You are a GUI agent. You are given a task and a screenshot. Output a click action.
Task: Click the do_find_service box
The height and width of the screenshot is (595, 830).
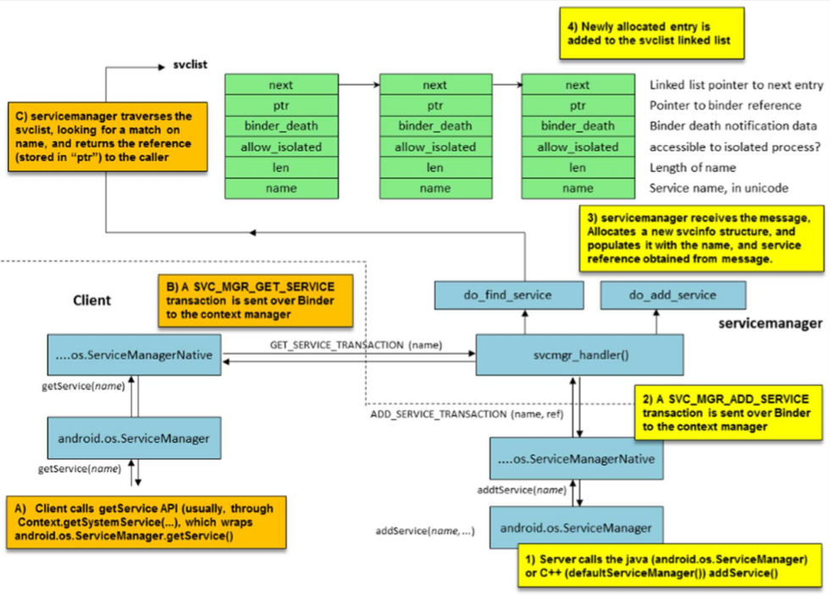click(x=509, y=295)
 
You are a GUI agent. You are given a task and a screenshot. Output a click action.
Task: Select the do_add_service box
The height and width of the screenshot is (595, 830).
click(x=672, y=295)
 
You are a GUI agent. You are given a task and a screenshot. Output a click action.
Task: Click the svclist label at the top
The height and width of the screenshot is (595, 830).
click(x=184, y=63)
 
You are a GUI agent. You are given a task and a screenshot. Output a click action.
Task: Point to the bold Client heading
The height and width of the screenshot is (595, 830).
click(x=91, y=300)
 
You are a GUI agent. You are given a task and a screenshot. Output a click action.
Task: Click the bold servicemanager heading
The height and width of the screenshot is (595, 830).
click(x=771, y=322)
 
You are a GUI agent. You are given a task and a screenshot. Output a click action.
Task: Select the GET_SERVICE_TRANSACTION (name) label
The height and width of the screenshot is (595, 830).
click(x=349, y=346)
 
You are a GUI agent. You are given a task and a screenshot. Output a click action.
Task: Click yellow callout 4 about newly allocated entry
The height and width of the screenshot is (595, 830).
click(x=650, y=33)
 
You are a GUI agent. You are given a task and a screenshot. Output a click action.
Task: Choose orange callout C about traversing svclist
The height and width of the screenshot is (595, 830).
click(x=106, y=138)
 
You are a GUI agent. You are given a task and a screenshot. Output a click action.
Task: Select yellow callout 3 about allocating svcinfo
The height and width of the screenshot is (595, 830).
click(x=701, y=238)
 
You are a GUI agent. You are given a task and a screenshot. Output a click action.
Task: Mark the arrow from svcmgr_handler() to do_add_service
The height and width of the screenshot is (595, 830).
click(x=656, y=322)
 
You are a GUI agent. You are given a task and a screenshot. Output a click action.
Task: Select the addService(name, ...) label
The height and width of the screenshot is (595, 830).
click(x=423, y=531)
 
